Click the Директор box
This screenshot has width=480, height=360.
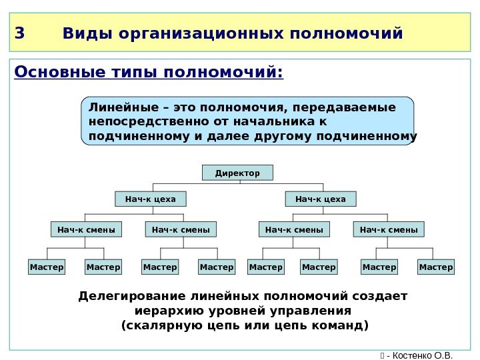coord(237,173)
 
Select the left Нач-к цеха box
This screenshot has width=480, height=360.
coord(151,199)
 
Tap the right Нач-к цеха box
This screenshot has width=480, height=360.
coord(321,199)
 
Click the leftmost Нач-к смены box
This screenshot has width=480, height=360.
coord(86,230)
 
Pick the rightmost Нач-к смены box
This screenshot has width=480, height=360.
coord(389,230)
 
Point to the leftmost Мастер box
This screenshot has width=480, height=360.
coord(47,267)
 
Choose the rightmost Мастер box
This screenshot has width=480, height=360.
coord(436,267)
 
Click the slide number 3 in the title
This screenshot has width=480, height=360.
coord(19,33)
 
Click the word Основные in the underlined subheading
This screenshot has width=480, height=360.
coord(50,71)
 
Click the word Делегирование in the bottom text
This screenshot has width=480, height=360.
coord(132,295)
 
